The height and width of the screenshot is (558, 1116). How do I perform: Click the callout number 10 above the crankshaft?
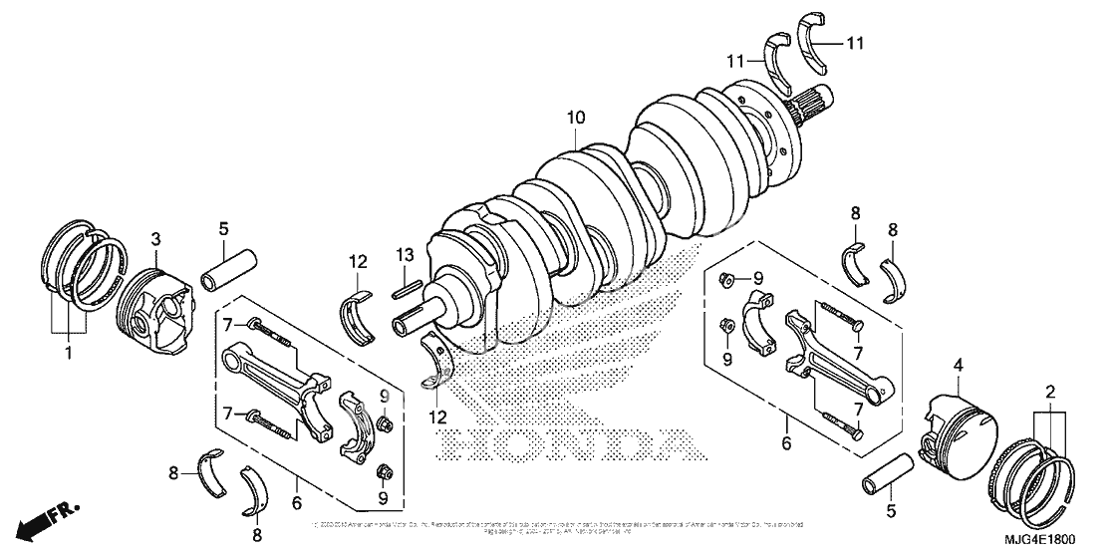point(576,119)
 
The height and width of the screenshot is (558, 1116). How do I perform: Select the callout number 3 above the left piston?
point(156,239)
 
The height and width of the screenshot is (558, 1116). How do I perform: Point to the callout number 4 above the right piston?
point(958,365)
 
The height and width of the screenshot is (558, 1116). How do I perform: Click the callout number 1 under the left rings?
point(68,354)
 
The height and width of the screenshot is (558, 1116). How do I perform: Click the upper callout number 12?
point(359,263)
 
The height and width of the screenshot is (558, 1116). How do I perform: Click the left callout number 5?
point(224,228)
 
